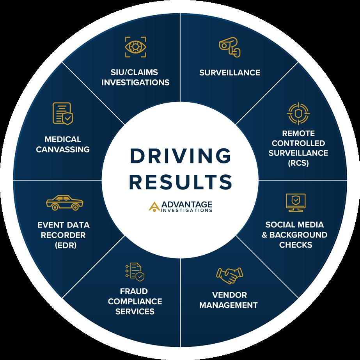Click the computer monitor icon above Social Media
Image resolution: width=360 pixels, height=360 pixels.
click(x=295, y=202)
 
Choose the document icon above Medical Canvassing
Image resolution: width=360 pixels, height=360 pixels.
click(x=62, y=113)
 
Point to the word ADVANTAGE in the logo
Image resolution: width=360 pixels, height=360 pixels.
click(x=186, y=204)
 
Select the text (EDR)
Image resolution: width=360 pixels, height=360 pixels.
click(x=63, y=245)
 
